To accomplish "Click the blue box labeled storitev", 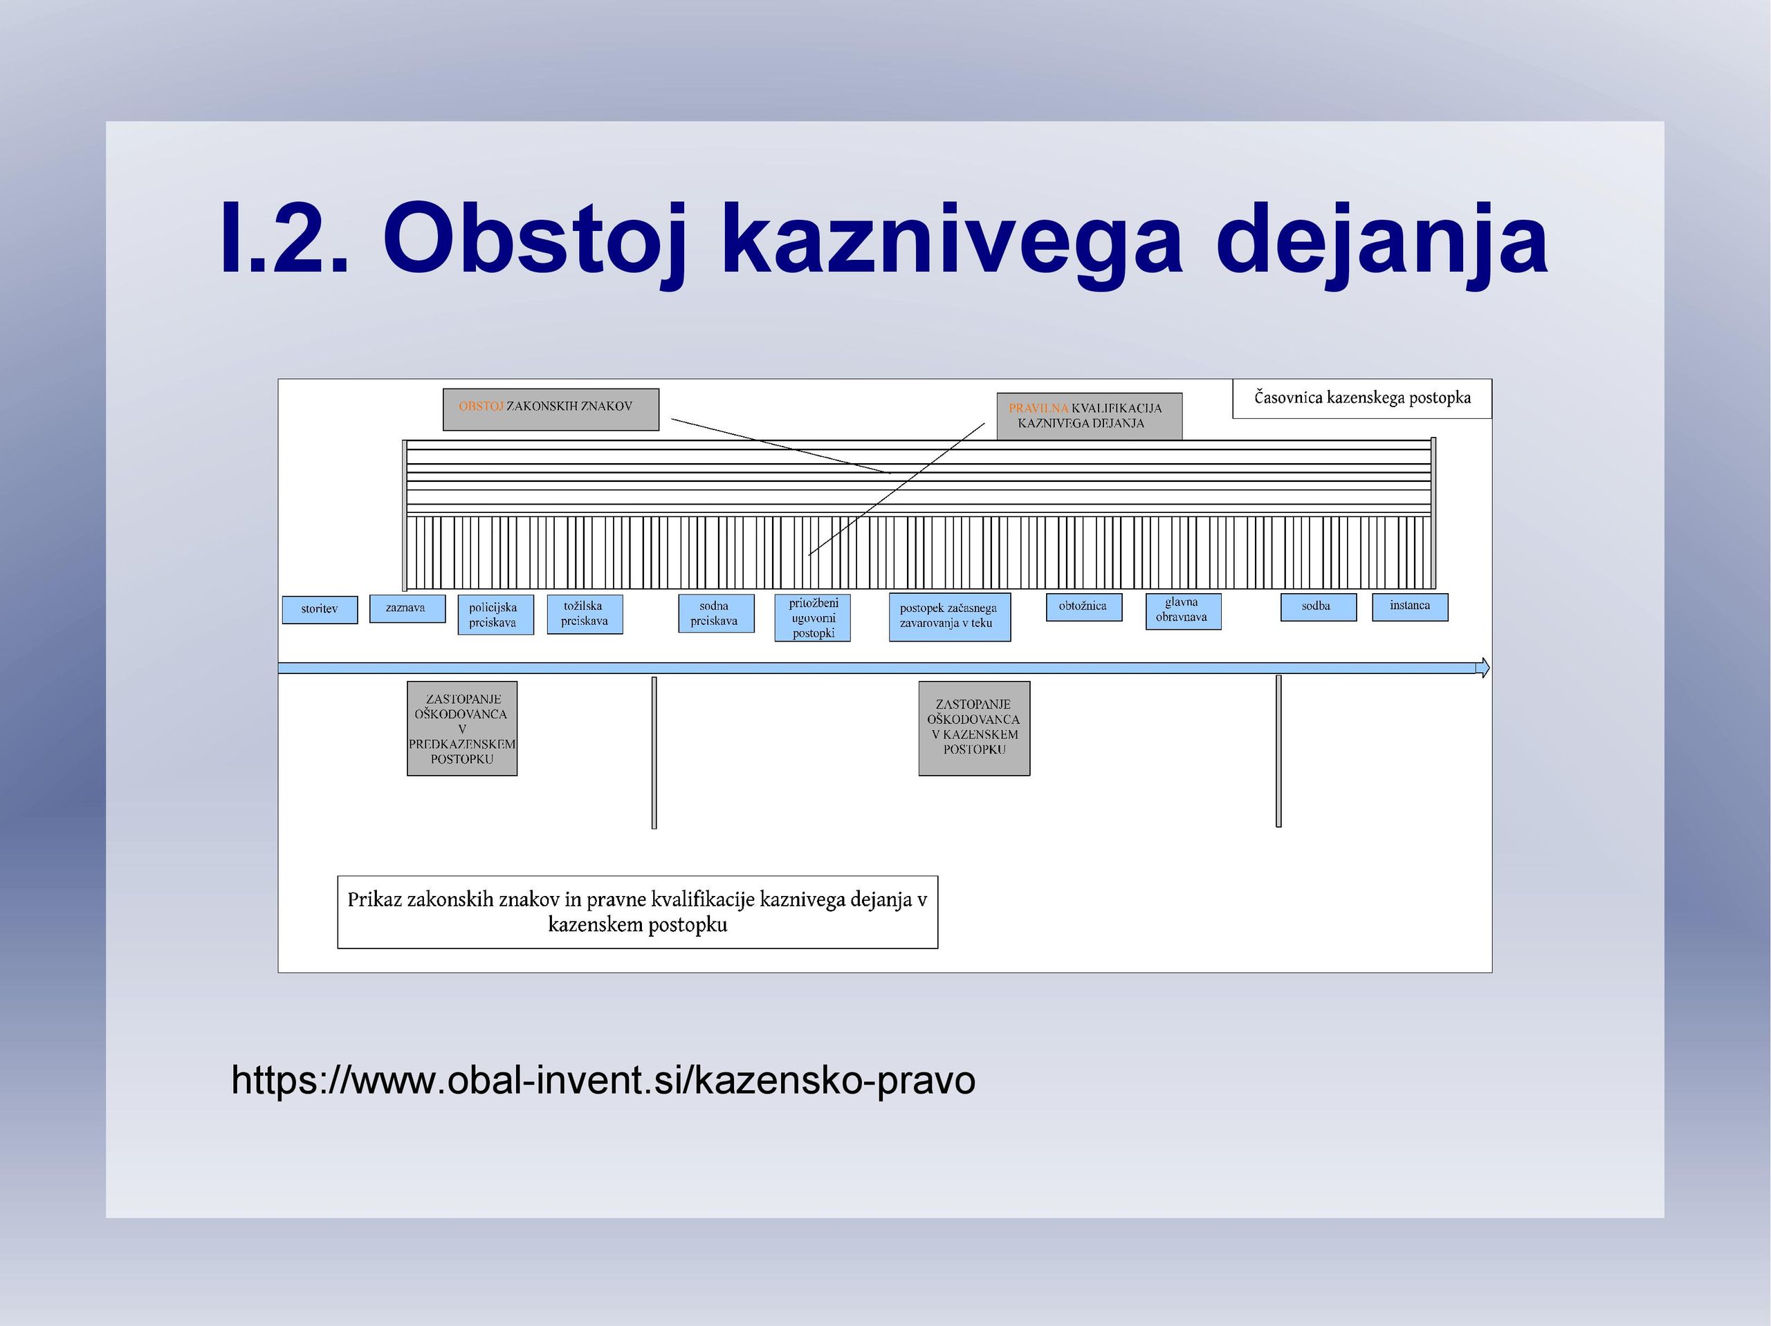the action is pyautogui.click(x=320, y=609).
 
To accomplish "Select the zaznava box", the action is pyautogui.click(x=407, y=608).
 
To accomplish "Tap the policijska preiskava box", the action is pyautogui.click(x=495, y=615).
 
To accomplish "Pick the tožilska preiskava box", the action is pyautogui.click(x=585, y=614).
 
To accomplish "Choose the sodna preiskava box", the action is pyautogui.click(x=716, y=613).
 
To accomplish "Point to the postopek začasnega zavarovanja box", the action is pyautogui.click(x=950, y=617).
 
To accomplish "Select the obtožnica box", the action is pyautogui.click(x=1084, y=606).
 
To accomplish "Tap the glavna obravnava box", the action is pyautogui.click(x=1184, y=611).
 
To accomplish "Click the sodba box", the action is pyautogui.click(x=1319, y=606).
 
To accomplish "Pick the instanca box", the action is pyautogui.click(x=1410, y=606).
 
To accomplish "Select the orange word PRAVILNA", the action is pyautogui.click(x=1038, y=408).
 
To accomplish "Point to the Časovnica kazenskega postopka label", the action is pyautogui.click(x=1362, y=398).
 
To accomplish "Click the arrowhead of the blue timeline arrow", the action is pyautogui.click(x=1483, y=667).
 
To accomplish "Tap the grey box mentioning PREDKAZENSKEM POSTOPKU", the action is pyautogui.click(x=462, y=728).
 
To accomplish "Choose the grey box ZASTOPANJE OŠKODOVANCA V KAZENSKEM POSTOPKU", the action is pyautogui.click(x=974, y=728).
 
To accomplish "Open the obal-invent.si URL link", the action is pyautogui.click(x=603, y=1081).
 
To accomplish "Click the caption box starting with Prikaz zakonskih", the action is pyautogui.click(x=637, y=913).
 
